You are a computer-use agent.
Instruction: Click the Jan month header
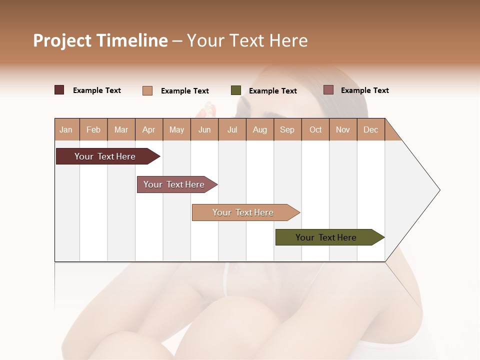click(x=66, y=129)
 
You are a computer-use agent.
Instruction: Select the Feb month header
click(x=93, y=129)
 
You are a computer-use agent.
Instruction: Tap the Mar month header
click(x=121, y=129)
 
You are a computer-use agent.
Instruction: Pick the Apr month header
click(x=149, y=129)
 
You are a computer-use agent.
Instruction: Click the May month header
click(x=176, y=129)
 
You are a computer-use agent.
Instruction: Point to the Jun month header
click(x=204, y=129)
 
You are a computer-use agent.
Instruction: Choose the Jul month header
click(x=232, y=129)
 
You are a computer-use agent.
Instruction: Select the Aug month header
click(x=260, y=129)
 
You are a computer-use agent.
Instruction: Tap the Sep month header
click(x=287, y=129)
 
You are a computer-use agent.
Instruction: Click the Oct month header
click(x=315, y=129)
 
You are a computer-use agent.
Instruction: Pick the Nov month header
click(x=343, y=129)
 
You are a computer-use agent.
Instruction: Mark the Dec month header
click(x=371, y=129)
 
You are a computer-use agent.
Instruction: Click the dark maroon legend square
click(x=59, y=90)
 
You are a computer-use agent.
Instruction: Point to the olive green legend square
click(x=236, y=90)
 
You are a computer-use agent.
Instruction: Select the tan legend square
click(x=147, y=90)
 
